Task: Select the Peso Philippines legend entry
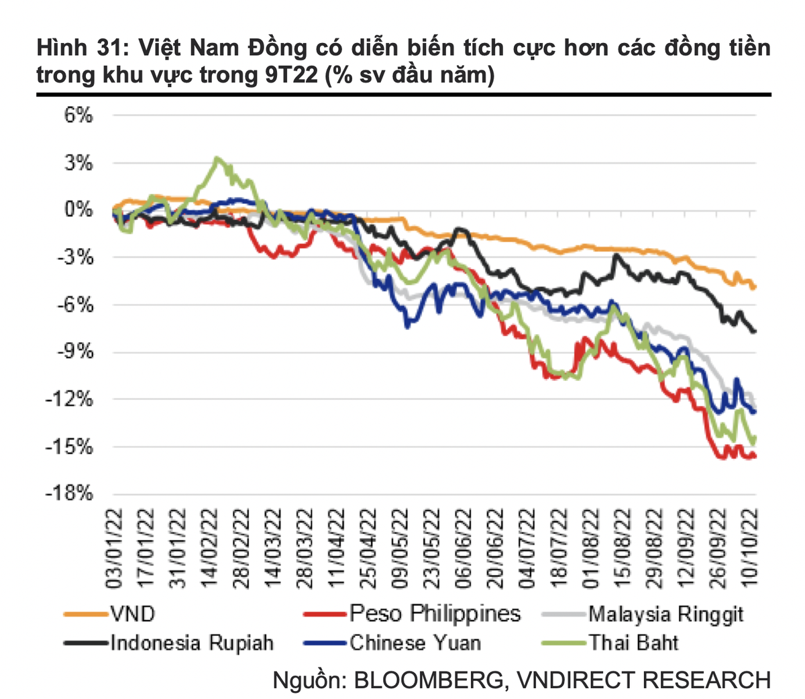pos(434,613)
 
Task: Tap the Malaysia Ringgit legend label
pos(665,613)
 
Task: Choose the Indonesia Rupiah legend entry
pos(192,643)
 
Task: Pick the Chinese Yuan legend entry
pos(415,643)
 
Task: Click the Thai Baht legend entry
pos(633,643)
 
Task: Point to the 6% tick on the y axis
pos(78,115)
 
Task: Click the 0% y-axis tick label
pos(78,210)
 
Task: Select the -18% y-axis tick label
pos(68,494)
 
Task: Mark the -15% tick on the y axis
pos(68,447)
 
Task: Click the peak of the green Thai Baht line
pos(216,158)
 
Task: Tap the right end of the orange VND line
pos(755,286)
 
